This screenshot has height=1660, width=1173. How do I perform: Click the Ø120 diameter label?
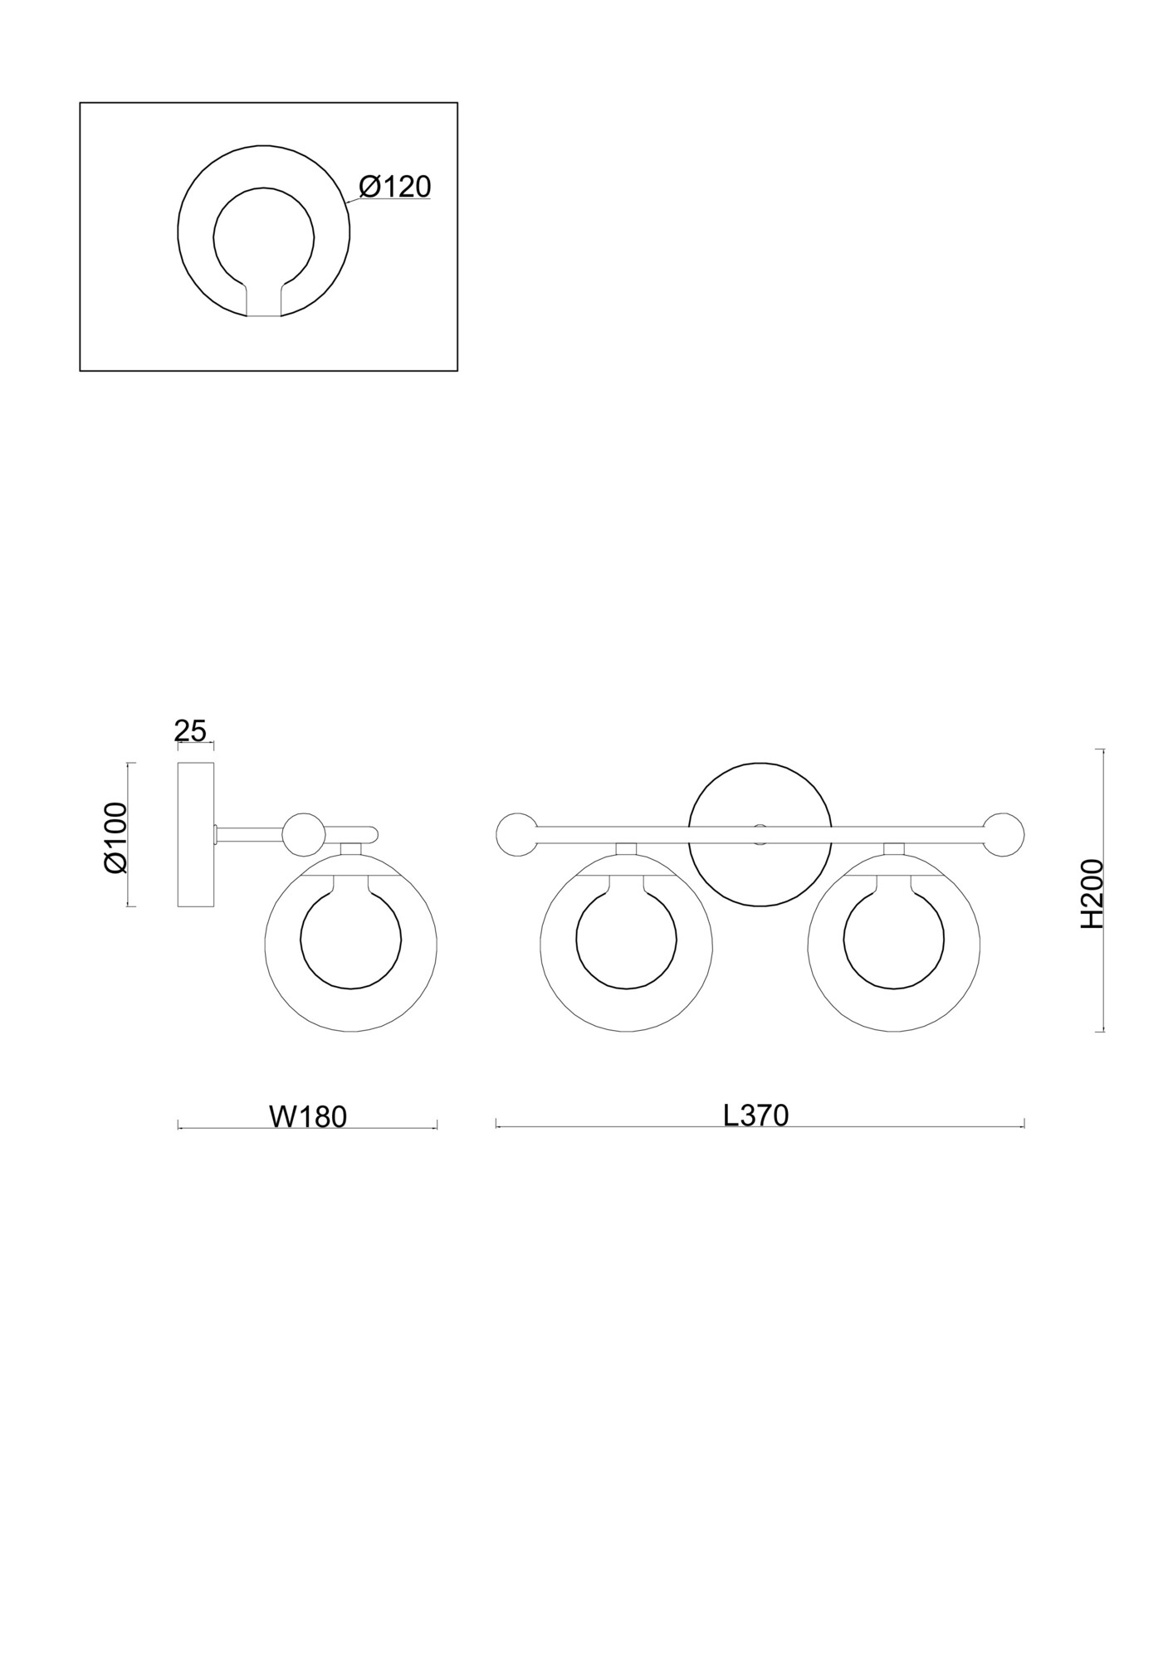395,187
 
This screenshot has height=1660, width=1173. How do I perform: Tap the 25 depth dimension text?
190,731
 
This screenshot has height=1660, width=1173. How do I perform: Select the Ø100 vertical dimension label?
115,837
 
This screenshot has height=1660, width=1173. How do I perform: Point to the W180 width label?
308,1116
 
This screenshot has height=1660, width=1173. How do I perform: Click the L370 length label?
755,1115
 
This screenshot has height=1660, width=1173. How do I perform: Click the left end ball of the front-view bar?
516,834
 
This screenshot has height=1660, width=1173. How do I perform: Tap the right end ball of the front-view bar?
1004,834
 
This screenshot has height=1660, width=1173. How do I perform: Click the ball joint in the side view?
303,834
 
